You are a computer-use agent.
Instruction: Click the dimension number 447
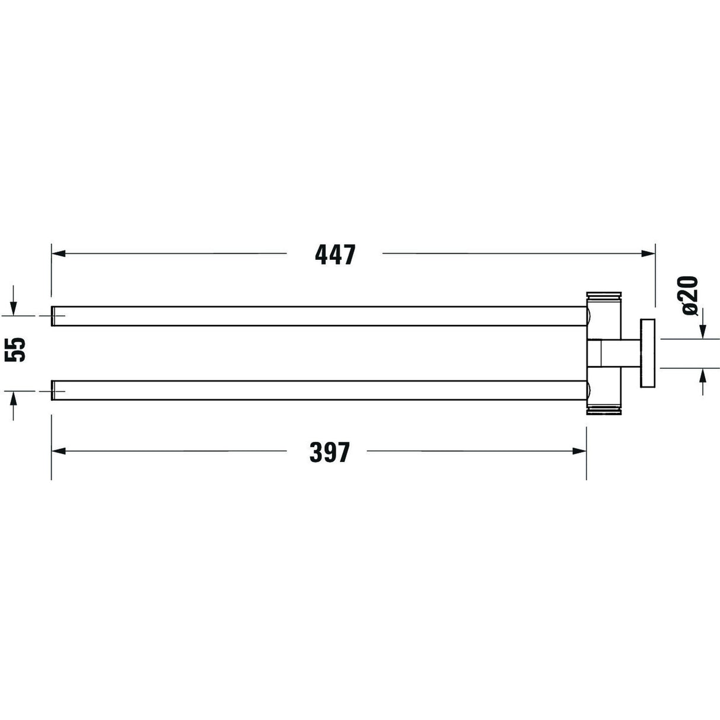point(335,254)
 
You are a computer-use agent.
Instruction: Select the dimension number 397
point(330,452)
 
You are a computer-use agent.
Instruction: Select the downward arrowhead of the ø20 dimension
point(702,332)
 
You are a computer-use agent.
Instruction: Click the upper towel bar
point(320,316)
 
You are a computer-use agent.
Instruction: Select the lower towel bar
point(320,390)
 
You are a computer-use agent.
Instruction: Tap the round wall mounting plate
point(647,353)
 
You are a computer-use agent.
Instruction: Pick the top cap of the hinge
point(604,296)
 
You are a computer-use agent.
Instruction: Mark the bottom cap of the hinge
point(604,410)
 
